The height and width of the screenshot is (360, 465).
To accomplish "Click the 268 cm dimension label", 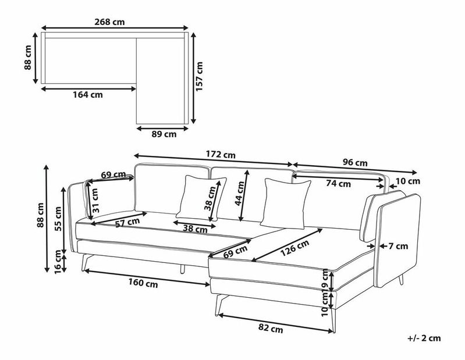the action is coord(109,22).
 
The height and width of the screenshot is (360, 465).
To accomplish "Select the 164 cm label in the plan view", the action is coord(88,95).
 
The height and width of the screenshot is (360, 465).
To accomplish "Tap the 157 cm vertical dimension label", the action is coord(199,76).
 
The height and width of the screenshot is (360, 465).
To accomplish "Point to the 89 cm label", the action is coord(164,134).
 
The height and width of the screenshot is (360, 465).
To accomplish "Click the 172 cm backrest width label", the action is coord(221,155).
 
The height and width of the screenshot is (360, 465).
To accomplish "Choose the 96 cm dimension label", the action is coord(355,162).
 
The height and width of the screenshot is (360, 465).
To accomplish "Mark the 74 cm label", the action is coord(338,184).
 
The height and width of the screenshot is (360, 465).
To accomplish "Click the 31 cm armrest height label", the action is coord(95,201).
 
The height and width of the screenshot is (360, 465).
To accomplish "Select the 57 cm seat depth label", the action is coord(127,223).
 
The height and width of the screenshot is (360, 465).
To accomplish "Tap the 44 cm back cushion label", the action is coord(240,194).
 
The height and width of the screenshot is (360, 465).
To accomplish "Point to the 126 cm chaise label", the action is coord(295,248).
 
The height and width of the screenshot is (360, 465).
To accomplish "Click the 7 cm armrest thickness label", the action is coord(398,246).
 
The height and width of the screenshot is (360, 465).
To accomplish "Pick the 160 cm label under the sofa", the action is coord(143,283).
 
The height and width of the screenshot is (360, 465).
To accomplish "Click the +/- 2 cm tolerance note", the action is coord(424,338).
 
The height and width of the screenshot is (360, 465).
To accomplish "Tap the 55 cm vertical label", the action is coord(58,219).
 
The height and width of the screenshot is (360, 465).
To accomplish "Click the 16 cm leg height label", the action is coord(58,262).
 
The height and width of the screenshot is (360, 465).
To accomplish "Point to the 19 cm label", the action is coord(325,280).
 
